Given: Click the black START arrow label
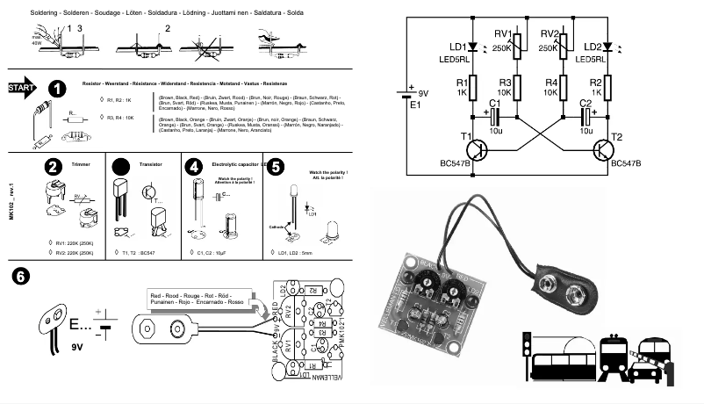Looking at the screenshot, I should point(22,89).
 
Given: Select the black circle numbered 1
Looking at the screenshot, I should point(56,90).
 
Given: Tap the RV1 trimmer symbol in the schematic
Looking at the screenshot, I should point(517,45).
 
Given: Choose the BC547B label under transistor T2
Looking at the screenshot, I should point(629,164).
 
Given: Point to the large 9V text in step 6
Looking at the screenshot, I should point(78,346).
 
